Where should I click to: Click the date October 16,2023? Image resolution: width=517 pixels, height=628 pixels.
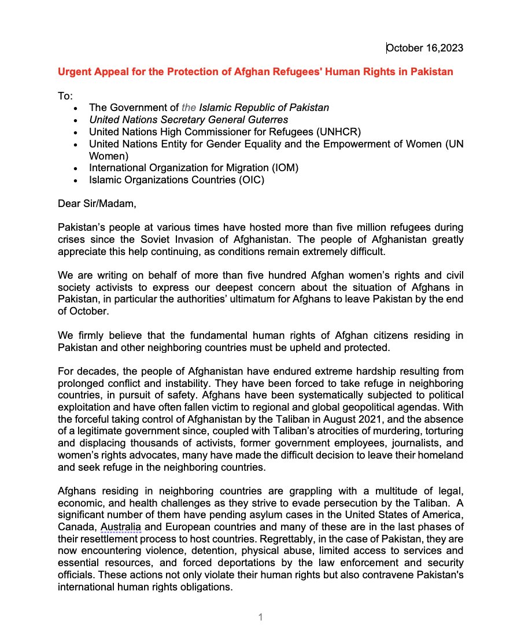[x=424, y=48]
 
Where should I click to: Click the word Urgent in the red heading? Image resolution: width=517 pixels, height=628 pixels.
[x=74, y=72]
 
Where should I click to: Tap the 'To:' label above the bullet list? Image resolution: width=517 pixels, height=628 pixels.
[x=65, y=95]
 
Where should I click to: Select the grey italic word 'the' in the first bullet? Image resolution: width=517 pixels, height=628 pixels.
[x=189, y=108]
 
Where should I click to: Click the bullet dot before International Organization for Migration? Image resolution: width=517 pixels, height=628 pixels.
[x=76, y=168]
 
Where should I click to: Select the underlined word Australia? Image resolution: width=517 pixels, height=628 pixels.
[x=121, y=526]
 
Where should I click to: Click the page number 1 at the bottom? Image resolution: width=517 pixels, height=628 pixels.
[x=260, y=617]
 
